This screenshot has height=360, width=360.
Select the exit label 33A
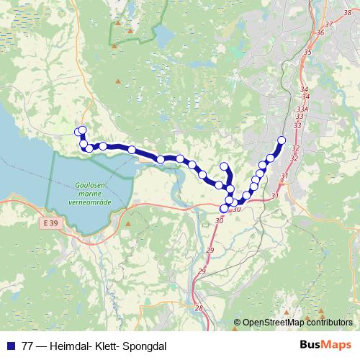pos(302,109)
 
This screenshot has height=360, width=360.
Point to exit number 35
pos(307,52)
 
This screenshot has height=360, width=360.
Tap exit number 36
pos(320,32)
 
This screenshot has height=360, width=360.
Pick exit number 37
pos(329,24)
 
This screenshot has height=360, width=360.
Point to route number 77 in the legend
pos(28,346)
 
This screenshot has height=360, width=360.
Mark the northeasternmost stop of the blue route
pos(282,140)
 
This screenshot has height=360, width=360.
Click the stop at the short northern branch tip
pos(223,167)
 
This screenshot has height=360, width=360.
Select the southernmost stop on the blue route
pos(224,209)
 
